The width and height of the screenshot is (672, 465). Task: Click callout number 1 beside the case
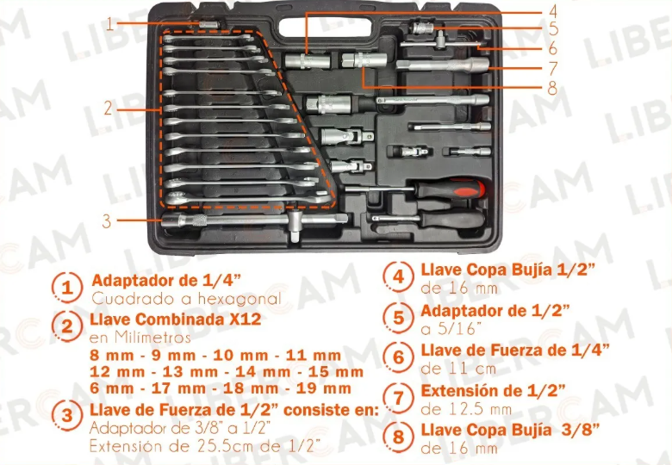pos(109,24)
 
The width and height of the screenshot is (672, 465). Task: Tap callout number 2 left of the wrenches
pos(108,108)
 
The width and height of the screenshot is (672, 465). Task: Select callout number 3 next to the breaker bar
pos(107,221)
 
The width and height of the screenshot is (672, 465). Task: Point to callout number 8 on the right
pos(552,88)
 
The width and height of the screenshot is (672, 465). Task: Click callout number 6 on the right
pos(552,48)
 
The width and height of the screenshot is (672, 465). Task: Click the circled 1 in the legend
pos(67,288)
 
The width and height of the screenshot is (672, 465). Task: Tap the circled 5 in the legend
pos(399,318)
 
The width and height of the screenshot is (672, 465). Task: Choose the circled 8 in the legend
pos(399,437)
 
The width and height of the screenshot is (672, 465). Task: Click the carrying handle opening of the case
pos(325,27)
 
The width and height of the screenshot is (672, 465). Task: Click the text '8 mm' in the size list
pos(111,356)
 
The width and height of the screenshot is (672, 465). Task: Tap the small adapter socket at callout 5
pos(422,28)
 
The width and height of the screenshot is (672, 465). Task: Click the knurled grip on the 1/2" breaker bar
pos(198,221)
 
